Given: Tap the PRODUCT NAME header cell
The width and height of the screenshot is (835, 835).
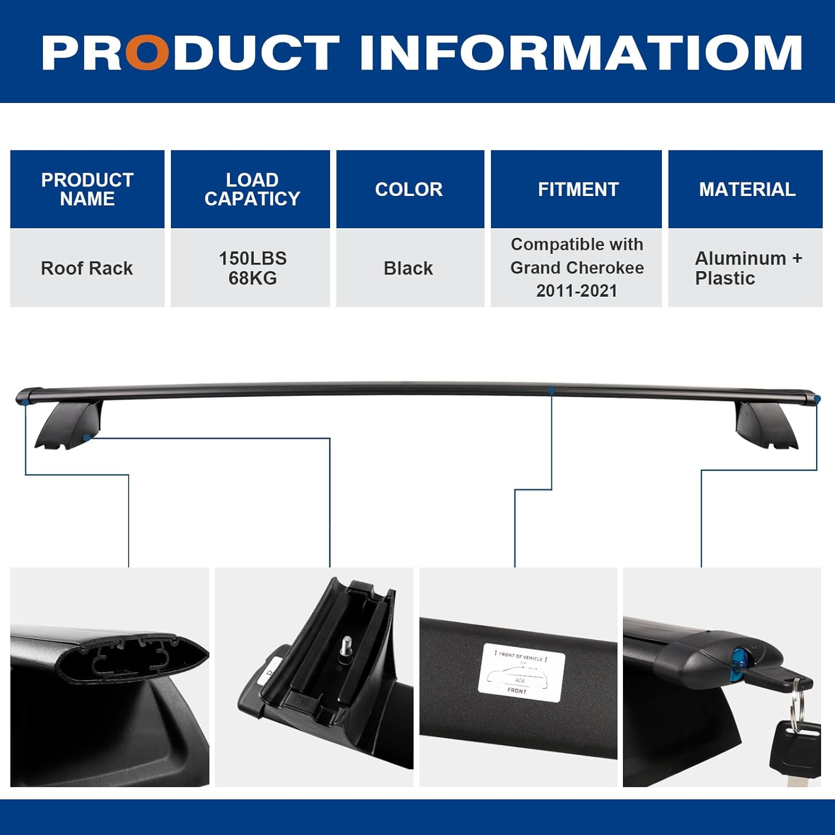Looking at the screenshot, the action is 87,189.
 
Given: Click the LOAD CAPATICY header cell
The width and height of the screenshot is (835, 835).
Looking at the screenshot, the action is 252,189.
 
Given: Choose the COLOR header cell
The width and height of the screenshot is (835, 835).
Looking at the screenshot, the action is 409,189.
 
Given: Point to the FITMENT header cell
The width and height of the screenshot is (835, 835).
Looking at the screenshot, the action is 578,189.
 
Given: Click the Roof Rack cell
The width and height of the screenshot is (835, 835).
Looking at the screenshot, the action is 87,268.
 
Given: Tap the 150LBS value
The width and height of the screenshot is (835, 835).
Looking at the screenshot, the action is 253,258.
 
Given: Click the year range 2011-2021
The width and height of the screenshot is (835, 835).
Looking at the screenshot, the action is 577,291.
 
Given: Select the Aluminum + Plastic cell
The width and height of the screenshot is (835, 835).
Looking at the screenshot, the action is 746,268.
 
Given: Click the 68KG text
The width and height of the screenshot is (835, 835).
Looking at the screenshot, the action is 253,278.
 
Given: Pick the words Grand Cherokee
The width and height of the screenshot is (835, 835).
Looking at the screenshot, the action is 577,268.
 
